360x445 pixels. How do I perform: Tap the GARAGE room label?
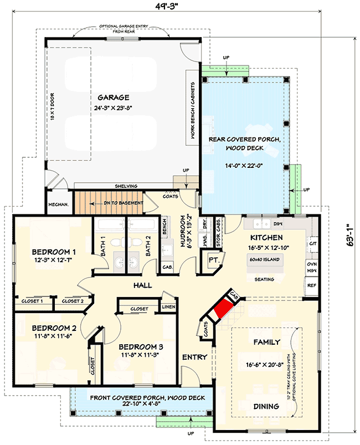point(113,97)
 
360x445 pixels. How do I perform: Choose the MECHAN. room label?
point(58,204)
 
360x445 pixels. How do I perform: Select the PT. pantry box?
point(213,260)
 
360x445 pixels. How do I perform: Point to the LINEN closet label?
point(168,306)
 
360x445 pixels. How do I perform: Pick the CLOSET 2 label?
point(72,301)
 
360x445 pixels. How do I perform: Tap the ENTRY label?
point(194,357)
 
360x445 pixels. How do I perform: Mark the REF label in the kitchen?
point(311,286)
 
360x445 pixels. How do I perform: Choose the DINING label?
point(266,406)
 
